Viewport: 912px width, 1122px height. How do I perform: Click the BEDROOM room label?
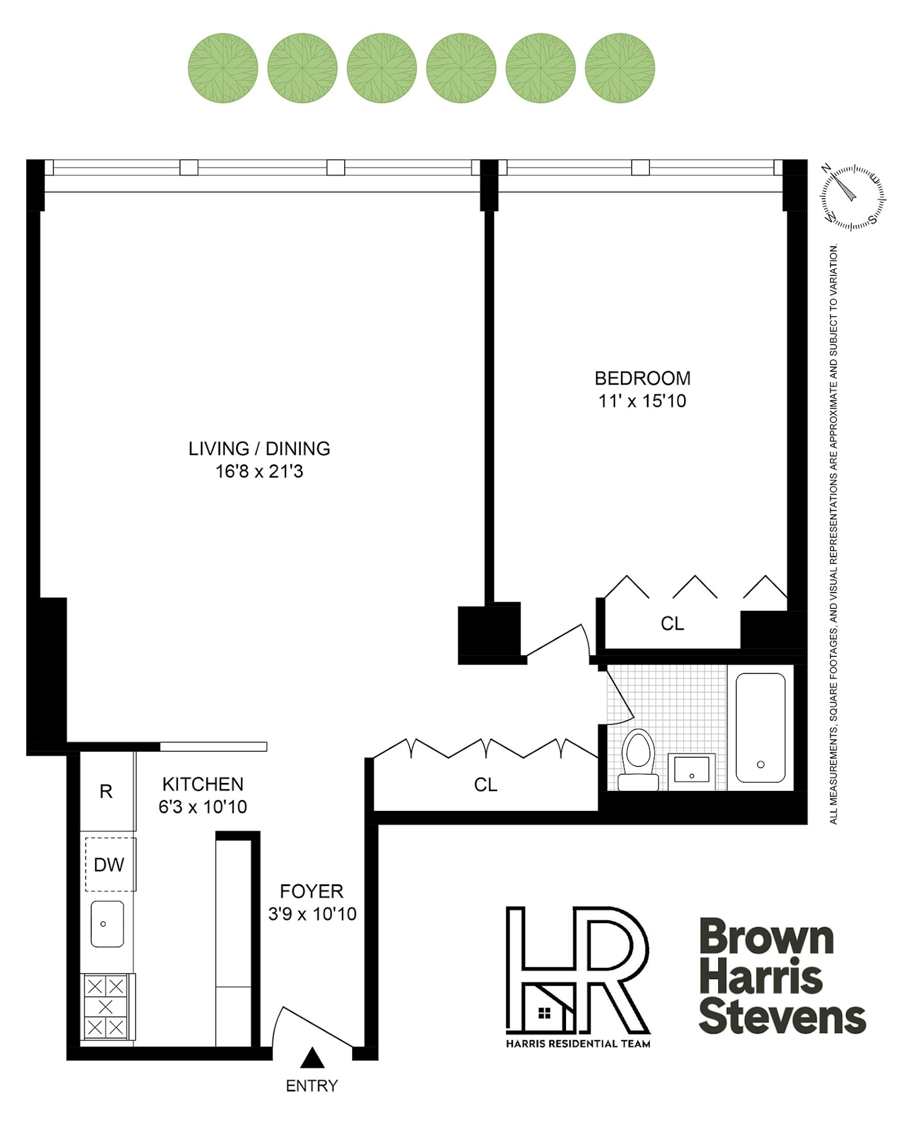pos(642,378)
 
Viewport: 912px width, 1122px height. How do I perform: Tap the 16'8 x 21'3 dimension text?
pos(259,471)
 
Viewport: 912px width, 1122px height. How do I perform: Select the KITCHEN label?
pos(202,784)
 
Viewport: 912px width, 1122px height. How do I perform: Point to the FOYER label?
pos(311,891)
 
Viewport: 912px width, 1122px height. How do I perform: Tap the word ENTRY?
pos(311,1086)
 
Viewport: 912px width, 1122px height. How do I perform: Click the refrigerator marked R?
pos(106,791)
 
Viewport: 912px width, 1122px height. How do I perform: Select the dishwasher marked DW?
pos(109,864)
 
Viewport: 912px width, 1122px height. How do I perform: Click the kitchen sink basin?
pos(107,924)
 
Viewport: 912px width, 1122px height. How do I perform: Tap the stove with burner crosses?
pos(106,1006)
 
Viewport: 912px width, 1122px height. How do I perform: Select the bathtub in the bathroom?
pos(760,727)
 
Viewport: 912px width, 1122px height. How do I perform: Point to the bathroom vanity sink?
pos(691,770)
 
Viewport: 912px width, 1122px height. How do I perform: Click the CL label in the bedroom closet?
pos(672,623)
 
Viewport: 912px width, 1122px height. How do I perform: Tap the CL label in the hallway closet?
pos(485,785)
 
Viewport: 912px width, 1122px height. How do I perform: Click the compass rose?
pos(852,197)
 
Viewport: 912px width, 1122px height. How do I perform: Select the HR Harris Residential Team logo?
pos(577,976)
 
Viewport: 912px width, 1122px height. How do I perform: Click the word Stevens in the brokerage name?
pos(781,1018)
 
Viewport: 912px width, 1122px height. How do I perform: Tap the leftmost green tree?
pos(223,68)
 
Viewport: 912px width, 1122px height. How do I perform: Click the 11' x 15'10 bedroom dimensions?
pos(642,401)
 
